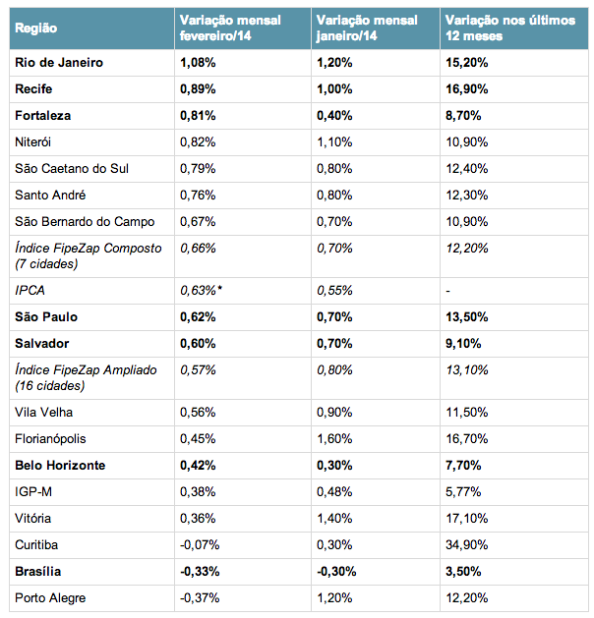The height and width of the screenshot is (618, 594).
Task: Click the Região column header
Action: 35,28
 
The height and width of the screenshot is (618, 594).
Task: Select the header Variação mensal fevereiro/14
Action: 230,28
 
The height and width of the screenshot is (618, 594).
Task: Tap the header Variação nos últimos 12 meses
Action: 510,28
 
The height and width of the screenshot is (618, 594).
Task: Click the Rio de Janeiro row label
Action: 59,63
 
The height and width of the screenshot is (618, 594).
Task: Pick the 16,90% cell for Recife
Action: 466,89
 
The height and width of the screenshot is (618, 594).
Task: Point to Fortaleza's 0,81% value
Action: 198,116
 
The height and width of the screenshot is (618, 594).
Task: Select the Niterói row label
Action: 32,142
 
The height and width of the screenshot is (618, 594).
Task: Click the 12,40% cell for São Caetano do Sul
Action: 466,169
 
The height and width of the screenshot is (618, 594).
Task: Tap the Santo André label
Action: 50,196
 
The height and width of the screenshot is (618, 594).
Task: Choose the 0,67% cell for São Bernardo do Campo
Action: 198,222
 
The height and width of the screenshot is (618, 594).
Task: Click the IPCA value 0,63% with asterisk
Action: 202,291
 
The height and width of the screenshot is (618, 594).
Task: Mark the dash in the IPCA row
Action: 447,292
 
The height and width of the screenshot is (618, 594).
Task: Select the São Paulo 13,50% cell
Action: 466,317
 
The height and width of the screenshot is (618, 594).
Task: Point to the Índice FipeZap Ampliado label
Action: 86,378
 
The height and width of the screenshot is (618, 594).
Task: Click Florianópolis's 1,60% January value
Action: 334,439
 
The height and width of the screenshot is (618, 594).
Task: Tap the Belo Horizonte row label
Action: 60,466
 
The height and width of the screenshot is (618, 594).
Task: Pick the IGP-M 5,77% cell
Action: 463,492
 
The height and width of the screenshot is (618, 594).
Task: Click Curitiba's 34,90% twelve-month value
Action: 466,545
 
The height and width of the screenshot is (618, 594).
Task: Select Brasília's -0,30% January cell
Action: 336,572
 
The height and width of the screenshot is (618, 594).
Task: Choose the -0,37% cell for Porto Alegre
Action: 200,598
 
